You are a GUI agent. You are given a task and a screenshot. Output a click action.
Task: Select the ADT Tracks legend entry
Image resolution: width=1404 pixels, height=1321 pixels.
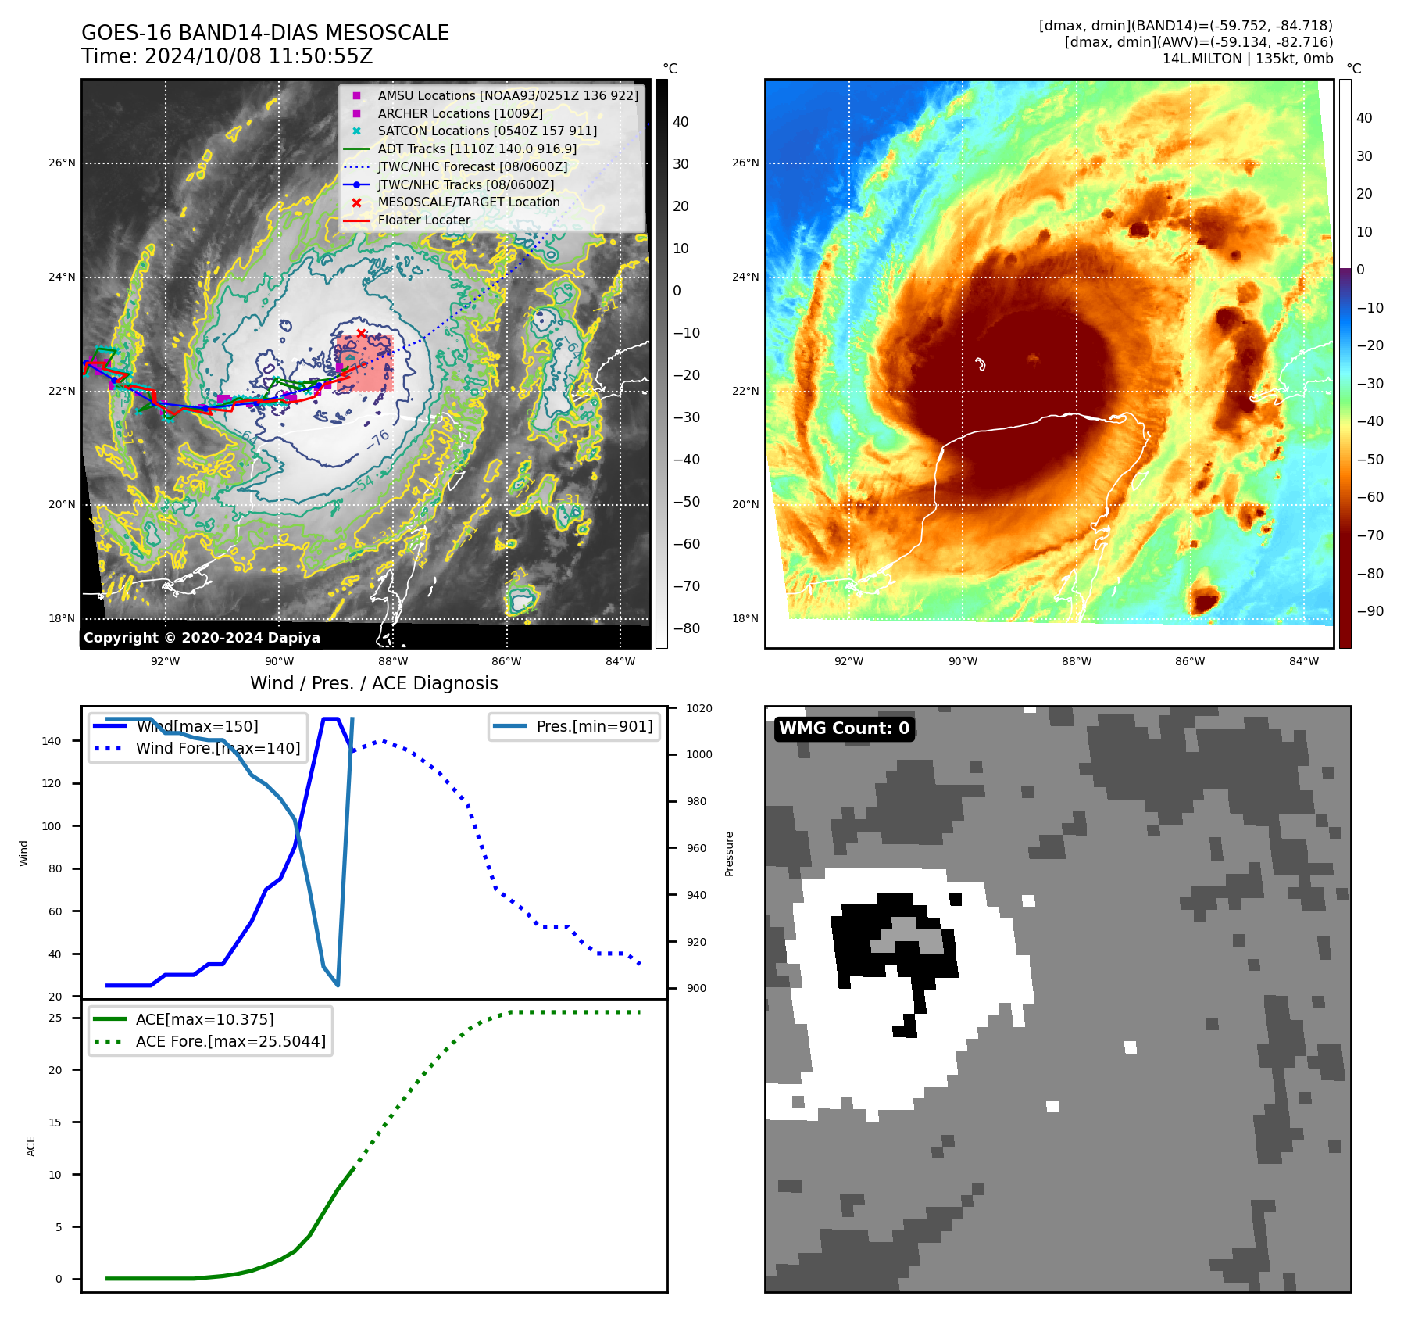(477, 149)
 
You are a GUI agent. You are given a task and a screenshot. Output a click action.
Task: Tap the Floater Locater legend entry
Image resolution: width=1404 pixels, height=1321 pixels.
(423, 220)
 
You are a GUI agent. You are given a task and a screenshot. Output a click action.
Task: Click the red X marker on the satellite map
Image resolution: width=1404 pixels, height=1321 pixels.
(361, 333)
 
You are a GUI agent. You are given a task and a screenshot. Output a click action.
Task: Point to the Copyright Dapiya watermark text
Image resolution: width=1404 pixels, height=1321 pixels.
(202, 638)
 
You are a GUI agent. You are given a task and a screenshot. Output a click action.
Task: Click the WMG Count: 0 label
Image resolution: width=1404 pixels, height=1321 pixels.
(844, 729)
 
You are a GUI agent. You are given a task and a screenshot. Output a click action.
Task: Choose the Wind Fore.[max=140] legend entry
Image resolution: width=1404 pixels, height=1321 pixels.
(217, 748)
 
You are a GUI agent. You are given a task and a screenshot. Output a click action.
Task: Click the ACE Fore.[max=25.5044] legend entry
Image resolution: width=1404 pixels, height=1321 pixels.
(230, 1041)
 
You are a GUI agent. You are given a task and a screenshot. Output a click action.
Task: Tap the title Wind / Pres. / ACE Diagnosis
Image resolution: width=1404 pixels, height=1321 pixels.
(373, 683)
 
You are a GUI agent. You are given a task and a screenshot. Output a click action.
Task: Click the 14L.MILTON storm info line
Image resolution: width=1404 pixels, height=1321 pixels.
(1247, 59)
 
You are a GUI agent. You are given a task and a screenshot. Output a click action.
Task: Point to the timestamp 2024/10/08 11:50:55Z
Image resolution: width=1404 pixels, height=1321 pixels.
(259, 56)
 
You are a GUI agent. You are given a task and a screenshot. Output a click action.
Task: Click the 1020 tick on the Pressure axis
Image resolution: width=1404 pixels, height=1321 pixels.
(699, 708)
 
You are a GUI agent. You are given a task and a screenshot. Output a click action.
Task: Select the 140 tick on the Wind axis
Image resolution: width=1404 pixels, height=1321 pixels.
(52, 741)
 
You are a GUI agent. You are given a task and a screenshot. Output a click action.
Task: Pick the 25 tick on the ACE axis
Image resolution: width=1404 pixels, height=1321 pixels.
(55, 1018)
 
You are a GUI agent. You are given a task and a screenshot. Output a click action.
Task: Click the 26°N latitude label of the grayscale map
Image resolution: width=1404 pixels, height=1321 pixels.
(63, 163)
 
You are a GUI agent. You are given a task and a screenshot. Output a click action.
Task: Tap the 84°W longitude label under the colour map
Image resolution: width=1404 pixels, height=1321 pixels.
(1304, 661)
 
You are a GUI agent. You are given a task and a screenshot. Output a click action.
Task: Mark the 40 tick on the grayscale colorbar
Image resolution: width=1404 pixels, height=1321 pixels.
(681, 122)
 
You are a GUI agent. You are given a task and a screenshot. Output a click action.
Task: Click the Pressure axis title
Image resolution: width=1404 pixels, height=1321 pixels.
(729, 854)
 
